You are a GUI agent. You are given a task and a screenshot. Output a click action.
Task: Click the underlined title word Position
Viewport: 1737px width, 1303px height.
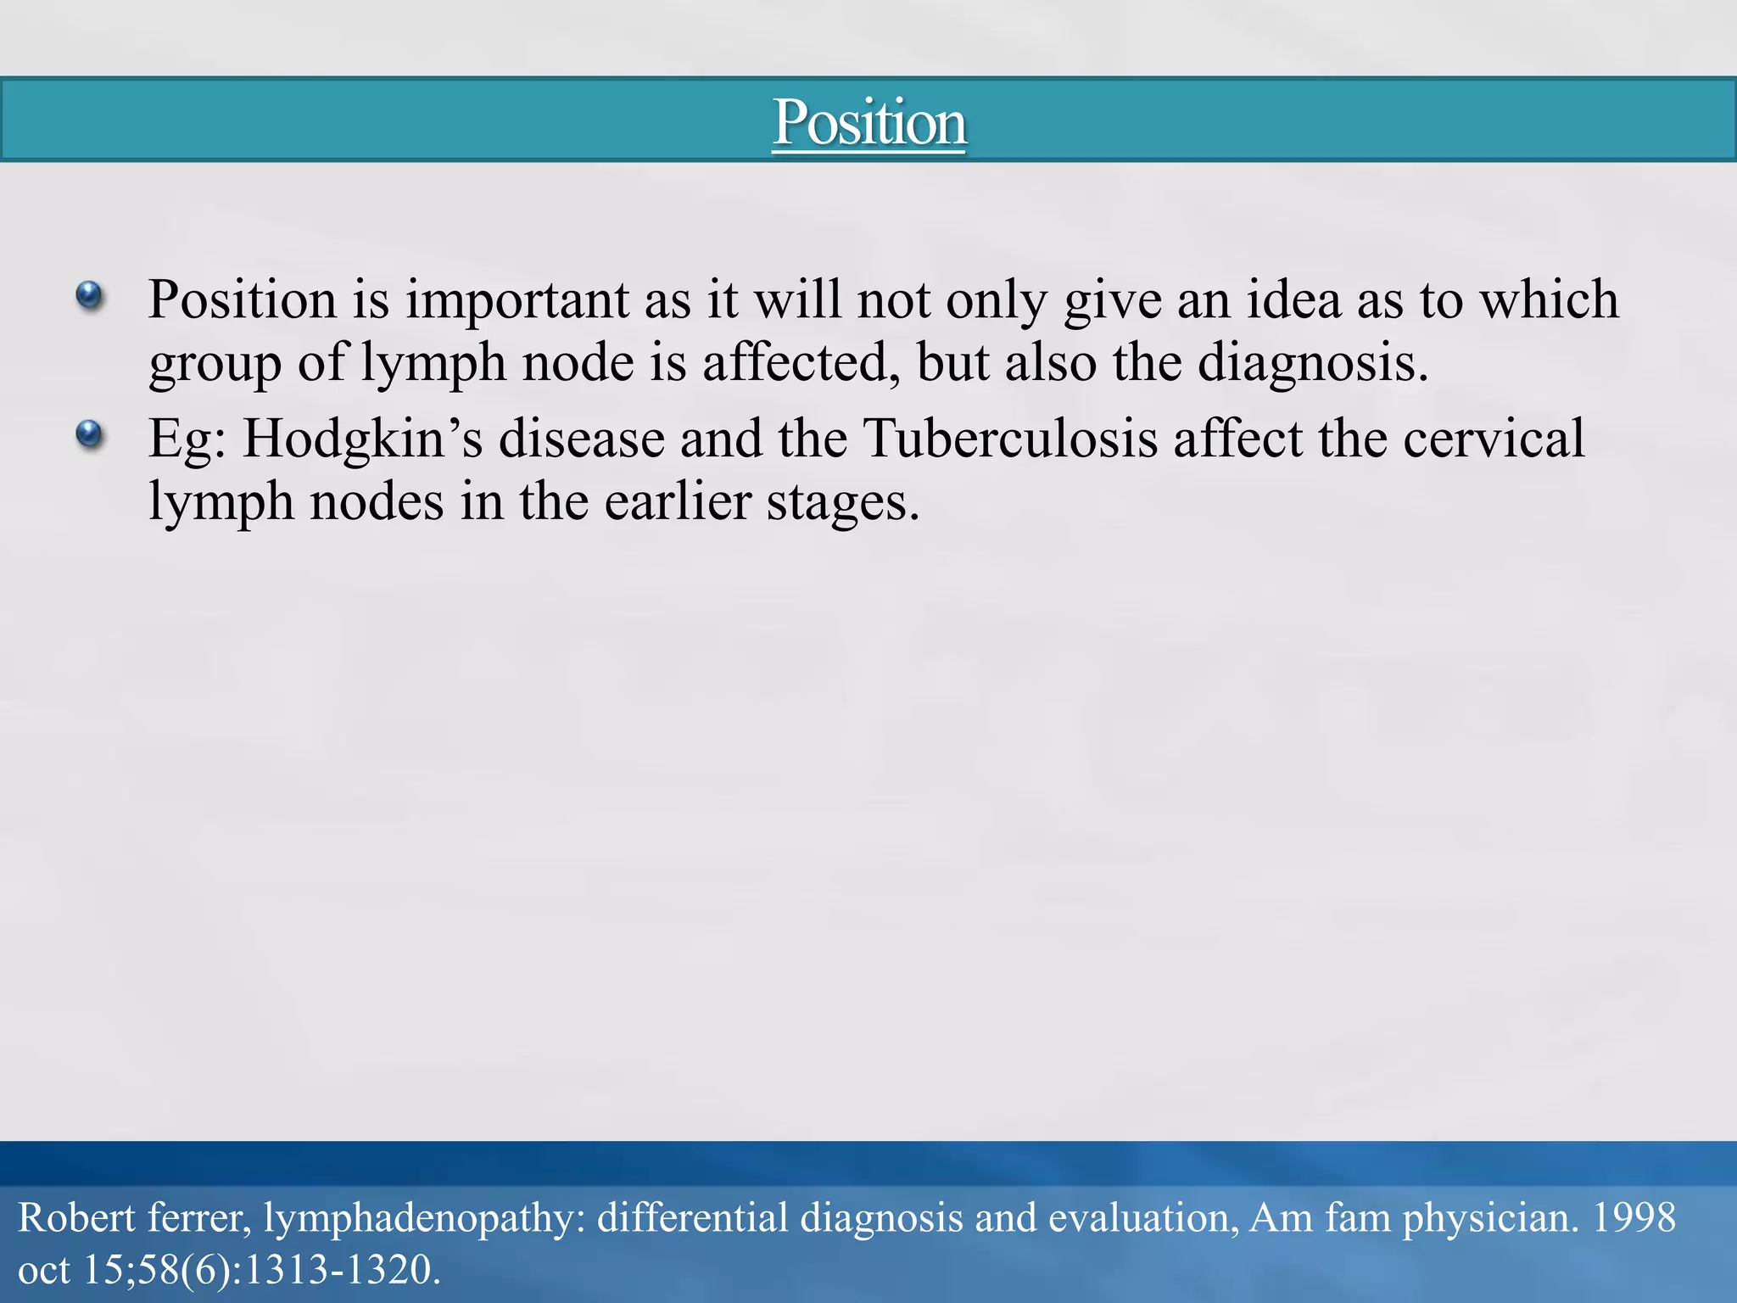[x=868, y=123]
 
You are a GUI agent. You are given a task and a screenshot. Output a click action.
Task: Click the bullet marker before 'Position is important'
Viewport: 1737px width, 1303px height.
[x=89, y=296]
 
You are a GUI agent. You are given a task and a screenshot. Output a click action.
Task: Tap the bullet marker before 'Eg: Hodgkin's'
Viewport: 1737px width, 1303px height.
[x=89, y=435]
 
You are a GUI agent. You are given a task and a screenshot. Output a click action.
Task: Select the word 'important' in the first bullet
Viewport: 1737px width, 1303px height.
[x=517, y=300]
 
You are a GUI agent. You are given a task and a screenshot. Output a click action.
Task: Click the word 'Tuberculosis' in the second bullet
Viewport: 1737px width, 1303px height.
[x=1010, y=439]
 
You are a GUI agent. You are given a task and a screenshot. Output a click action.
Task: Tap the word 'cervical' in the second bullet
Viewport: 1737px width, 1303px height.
[x=1494, y=439]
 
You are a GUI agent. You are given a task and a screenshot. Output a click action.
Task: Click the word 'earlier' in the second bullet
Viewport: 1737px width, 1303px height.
[x=678, y=502]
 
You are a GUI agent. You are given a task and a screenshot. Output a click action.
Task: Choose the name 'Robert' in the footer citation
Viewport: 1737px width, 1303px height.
[x=76, y=1218]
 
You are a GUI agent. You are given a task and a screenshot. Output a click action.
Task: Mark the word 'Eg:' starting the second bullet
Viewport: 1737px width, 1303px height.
[x=187, y=439]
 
